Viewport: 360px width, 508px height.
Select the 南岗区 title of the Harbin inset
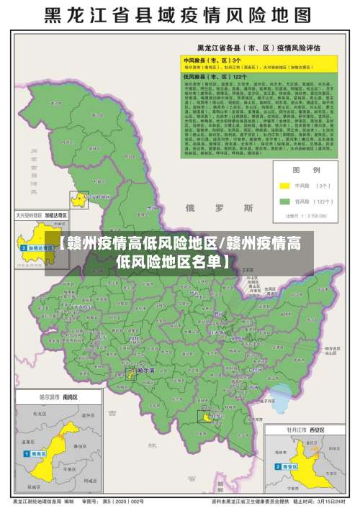70,396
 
